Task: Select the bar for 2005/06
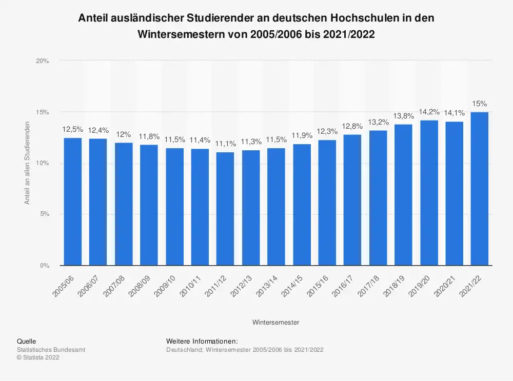[73, 202]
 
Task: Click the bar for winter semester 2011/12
[225, 209]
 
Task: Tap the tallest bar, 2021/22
[480, 189]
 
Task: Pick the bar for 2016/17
[352, 200]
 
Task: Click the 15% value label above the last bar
[480, 104]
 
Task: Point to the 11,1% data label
[225, 144]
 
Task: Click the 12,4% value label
[98, 130]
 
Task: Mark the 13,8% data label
[403, 116]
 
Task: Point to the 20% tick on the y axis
[43, 61]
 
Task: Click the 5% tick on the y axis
[44, 214]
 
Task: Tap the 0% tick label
[44, 266]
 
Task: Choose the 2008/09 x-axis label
[141, 283]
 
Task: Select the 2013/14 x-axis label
[268, 283]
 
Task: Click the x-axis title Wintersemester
[276, 323]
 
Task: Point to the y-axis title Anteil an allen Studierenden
[28, 163]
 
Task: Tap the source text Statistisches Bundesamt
[51, 350]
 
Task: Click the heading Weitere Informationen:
[202, 341]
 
